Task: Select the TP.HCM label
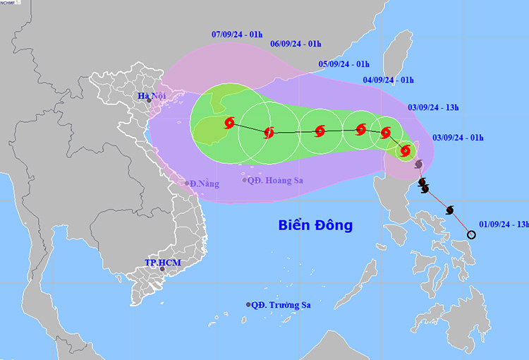pyautogui.click(x=163, y=263)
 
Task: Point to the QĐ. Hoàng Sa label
pyautogui.click(x=275, y=181)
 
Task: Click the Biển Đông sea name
pyautogui.click(x=315, y=226)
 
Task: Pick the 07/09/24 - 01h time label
pyautogui.click(x=237, y=34)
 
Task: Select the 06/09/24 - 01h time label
pyautogui.click(x=296, y=43)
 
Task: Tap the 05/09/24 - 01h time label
pyautogui.click(x=343, y=64)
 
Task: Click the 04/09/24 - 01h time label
pyautogui.click(x=388, y=80)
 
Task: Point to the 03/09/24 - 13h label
pyautogui.click(x=433, y=107)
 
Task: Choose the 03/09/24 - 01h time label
pyautogui.click(x=458, y=137)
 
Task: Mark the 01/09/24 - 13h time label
pyautogui.click(x=502, y=224)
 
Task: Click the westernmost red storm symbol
pyautogui.click(x=229, y=124)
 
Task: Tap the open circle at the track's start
pyautogui.click(x=471, y=234)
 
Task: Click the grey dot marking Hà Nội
pyautogui.click(x=150, y=101)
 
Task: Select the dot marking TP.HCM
pyautogui.click(x=162, y=268)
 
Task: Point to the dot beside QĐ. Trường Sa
pyautogui.click(x=248, y=305)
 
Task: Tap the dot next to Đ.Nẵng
pyautogui.click(x=188, y=184)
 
